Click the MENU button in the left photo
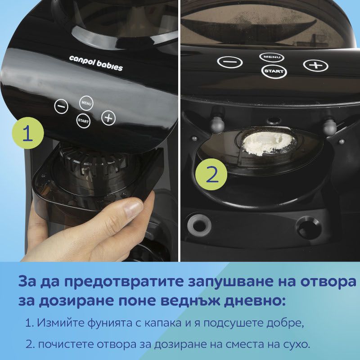(86, 103)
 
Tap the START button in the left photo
(83, 121)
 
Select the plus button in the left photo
(108, 118)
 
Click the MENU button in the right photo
(272, 57)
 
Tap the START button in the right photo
(274, 71)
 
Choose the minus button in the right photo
(230, 62)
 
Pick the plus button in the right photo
(316, 65)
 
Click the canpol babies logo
(96, 63)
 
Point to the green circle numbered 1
(28, 133)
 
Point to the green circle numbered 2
(211, 175)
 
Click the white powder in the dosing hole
(268, 144)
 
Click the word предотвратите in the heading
(124, 282)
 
